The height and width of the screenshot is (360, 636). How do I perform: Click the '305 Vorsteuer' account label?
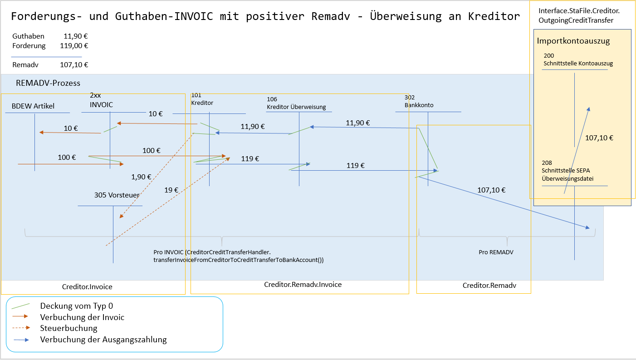[x=117, y=195]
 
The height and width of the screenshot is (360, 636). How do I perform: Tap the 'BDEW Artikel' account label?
[x=33, y=106]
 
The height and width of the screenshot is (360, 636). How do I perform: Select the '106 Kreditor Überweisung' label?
[x=296, y=103]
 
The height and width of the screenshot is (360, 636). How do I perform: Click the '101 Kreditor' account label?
[x=202, y=99]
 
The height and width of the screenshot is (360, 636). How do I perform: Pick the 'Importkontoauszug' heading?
[x=573, y=41]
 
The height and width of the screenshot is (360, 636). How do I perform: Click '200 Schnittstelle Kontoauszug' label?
[x=578, y=59]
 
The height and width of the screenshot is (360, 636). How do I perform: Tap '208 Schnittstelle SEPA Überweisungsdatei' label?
[x=568, y=170]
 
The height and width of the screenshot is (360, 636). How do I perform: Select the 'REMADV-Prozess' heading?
[x=48, y=83]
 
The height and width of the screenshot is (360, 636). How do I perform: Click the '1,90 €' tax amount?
[x=141, y=177]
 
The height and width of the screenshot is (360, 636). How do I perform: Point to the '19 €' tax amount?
[x=171, y=191]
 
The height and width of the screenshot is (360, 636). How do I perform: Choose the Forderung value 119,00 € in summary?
[x=74, y=45]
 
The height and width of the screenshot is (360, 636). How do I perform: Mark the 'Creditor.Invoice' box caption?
[x=87, y=287]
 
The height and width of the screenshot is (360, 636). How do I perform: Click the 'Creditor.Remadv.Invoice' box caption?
[x=303, y=285]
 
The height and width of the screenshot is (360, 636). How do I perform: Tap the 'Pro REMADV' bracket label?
[x=496, y=252]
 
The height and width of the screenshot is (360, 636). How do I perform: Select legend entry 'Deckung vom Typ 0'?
[x=76, y=306]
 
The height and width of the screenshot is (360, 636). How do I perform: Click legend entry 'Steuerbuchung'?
[x=68, y=328]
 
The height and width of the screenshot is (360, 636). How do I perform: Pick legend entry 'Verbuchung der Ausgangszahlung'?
[x=103, y=339]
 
